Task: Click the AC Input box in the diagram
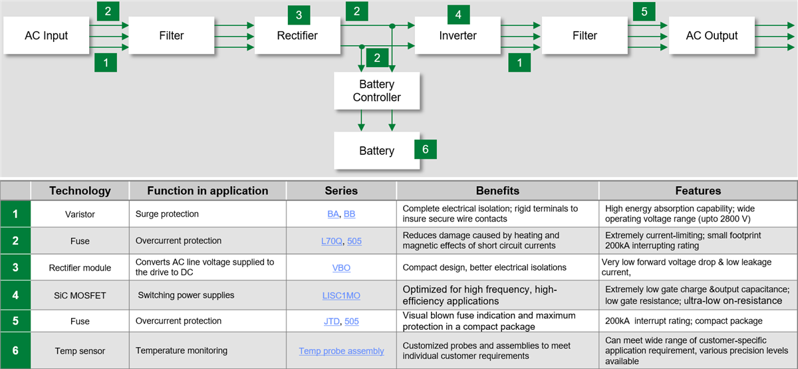(46, 35)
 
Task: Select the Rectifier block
(297, 35)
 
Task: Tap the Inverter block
(458, 35)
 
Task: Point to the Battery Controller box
(376, 91)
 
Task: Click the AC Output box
(712, 35)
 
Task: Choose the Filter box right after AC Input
(171, 35)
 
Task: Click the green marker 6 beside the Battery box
(426, 149)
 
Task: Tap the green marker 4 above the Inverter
(458, 13)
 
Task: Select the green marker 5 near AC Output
(644, 11)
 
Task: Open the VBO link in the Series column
(341, 268)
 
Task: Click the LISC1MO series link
(341, 295)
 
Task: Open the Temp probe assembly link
(341, 351)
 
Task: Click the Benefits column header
(497, 191)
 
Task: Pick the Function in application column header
(207, 191)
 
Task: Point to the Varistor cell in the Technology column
(80, 214)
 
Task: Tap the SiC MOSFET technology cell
(80, 295)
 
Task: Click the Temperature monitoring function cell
(182, 350)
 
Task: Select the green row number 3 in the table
(15, 267)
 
